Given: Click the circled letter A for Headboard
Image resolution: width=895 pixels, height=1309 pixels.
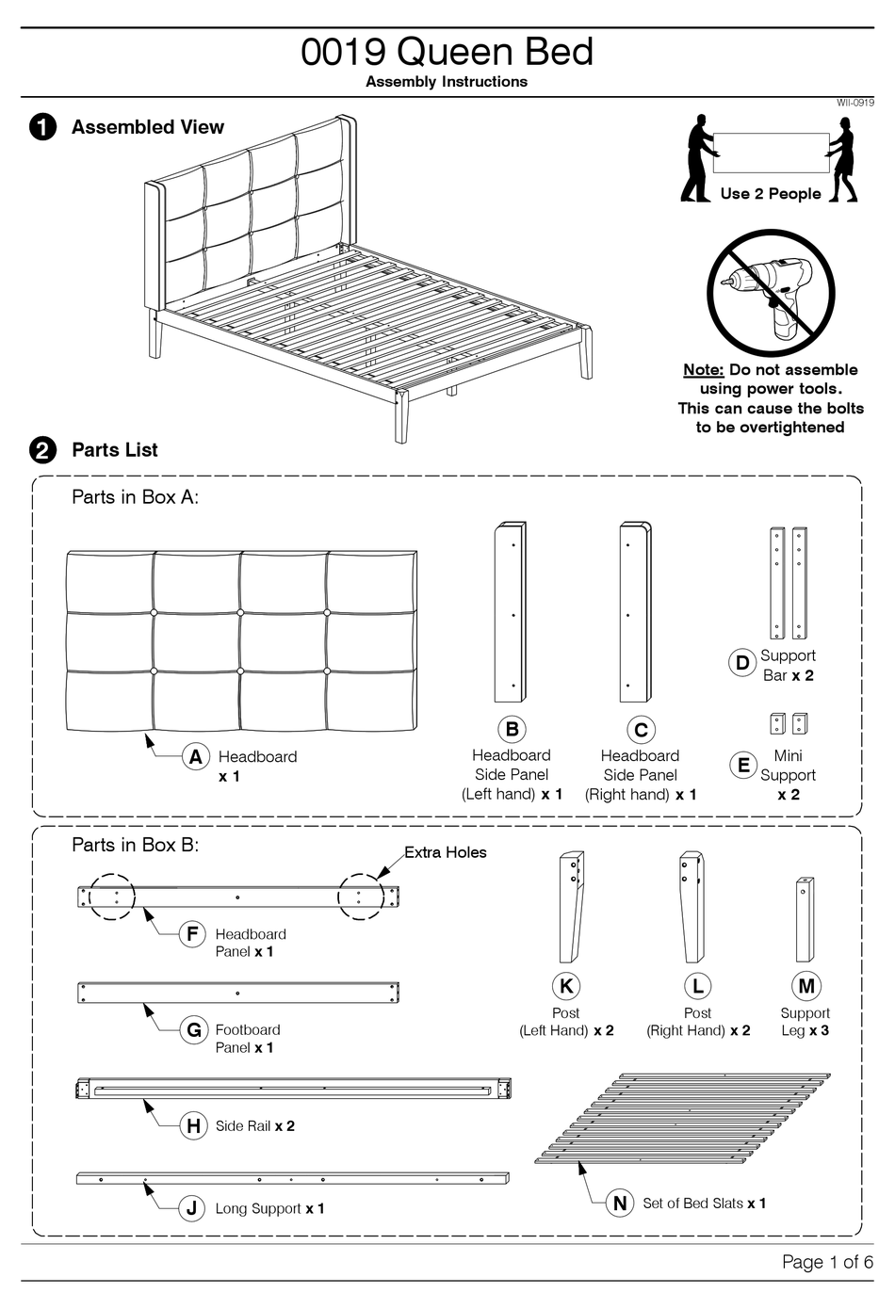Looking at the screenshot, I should [195, 757].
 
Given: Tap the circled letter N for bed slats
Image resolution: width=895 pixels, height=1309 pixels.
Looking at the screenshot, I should [620, 1204].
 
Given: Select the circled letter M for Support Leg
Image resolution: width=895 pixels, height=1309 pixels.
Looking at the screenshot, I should [806, 986].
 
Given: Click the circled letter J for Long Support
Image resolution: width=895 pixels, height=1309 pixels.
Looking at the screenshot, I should [192, 1208].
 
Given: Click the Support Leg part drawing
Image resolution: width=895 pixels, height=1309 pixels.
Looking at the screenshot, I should [805, 919].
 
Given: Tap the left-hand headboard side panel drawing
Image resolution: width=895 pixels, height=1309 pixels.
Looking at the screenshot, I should [510, 612].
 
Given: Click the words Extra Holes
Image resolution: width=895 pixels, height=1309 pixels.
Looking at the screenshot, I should [445, 852].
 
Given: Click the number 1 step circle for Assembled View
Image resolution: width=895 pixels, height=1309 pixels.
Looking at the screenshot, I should [43, 127].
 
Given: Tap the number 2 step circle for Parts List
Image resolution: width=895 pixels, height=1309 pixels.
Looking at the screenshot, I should [43, 450].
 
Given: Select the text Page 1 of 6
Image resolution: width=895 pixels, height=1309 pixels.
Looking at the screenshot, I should [826, 1262].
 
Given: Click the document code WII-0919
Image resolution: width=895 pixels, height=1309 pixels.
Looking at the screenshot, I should [854, 103].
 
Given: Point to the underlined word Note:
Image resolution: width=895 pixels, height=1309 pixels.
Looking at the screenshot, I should [703, 370].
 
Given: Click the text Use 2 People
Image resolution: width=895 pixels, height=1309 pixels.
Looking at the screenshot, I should [770, 194].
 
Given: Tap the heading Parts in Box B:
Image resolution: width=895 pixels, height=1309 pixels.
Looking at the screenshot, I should [135, 845].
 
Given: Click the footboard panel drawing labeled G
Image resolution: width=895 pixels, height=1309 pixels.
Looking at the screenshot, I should [237, 993].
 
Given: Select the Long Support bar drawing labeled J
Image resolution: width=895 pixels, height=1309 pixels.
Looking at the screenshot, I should [292, 1178].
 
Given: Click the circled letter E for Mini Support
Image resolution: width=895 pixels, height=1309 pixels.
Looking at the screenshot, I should [743, 766].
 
